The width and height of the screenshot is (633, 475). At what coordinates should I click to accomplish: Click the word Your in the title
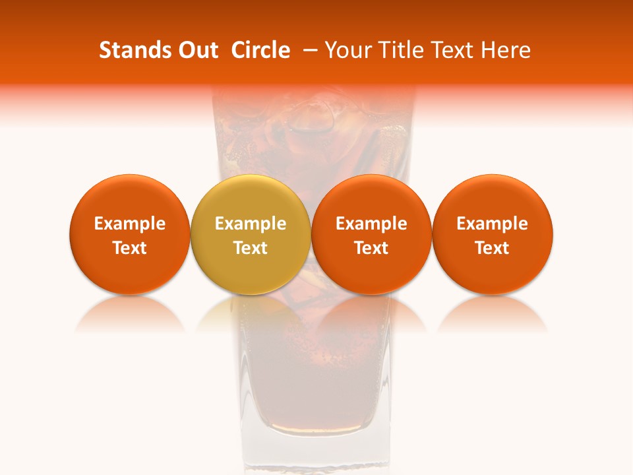pyautogui.click(x=347, y=50)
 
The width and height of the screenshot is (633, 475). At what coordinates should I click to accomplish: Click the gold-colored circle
pyautogui.click(x=251, y=234)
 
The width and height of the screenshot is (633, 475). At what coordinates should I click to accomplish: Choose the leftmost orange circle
pyautogui.click(x=129, y=234)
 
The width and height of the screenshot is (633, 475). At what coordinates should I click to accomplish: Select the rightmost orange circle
pyautogui.click(x=493, y=234)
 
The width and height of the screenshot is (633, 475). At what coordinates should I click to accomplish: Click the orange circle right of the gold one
pyautogui.click(x=371, y=234)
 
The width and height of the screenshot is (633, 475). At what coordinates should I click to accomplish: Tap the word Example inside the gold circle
pyautogui.click(x=251, y=224)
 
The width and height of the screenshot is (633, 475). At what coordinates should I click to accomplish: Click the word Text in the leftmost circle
pyautogui.click(x=129, y=248)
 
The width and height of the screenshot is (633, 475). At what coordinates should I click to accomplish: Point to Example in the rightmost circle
pyautogui.click(x=493, y=224)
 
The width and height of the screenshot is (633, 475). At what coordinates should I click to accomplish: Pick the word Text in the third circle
pyautogui.click(x=371, y=248)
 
